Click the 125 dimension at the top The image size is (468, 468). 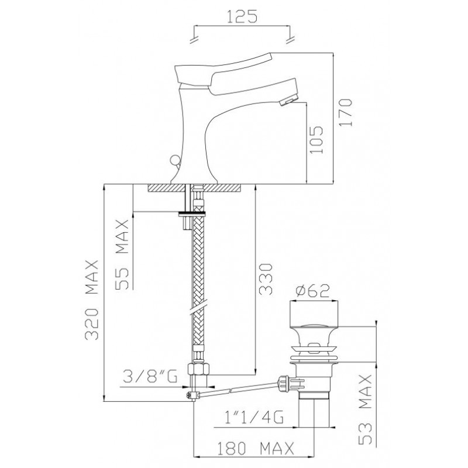[242, 16]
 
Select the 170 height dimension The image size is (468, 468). [346, 112]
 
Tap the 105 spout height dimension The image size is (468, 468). [316, 139]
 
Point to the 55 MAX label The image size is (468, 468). [122, 254]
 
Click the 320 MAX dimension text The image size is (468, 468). [91, 300]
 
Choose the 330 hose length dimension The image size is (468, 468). [266, 279]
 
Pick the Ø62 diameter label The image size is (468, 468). [312, 291]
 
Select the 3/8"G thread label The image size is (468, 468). [150, 376]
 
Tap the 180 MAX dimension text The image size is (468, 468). [255, 448]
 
